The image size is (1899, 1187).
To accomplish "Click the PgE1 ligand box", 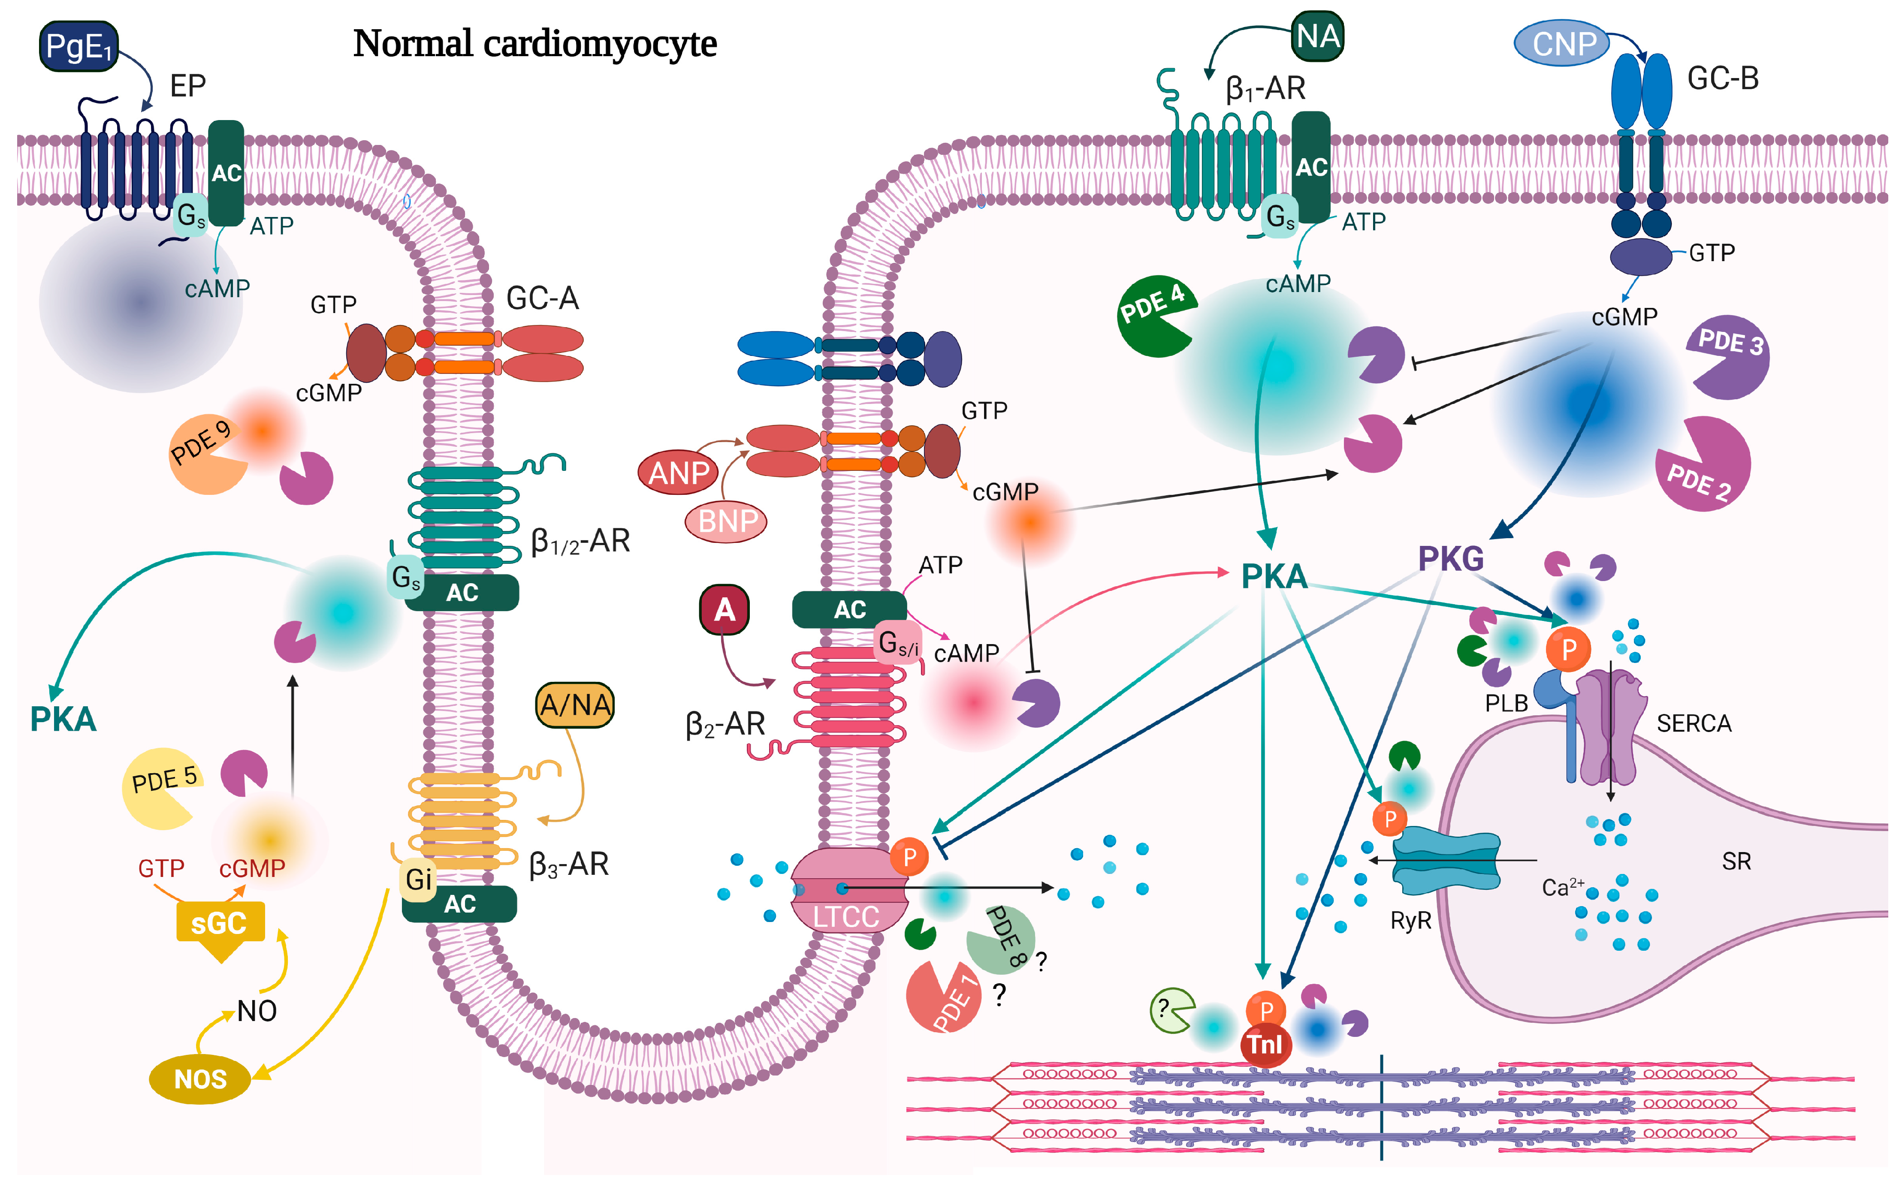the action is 78,46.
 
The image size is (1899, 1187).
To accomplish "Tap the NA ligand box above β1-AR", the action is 1317,36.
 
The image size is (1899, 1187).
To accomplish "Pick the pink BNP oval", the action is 726,521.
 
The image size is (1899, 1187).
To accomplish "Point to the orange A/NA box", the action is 575,705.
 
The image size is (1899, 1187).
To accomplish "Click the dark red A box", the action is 724,609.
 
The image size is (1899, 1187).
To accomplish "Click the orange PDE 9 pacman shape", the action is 205,454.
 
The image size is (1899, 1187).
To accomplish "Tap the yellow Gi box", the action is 418,879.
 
